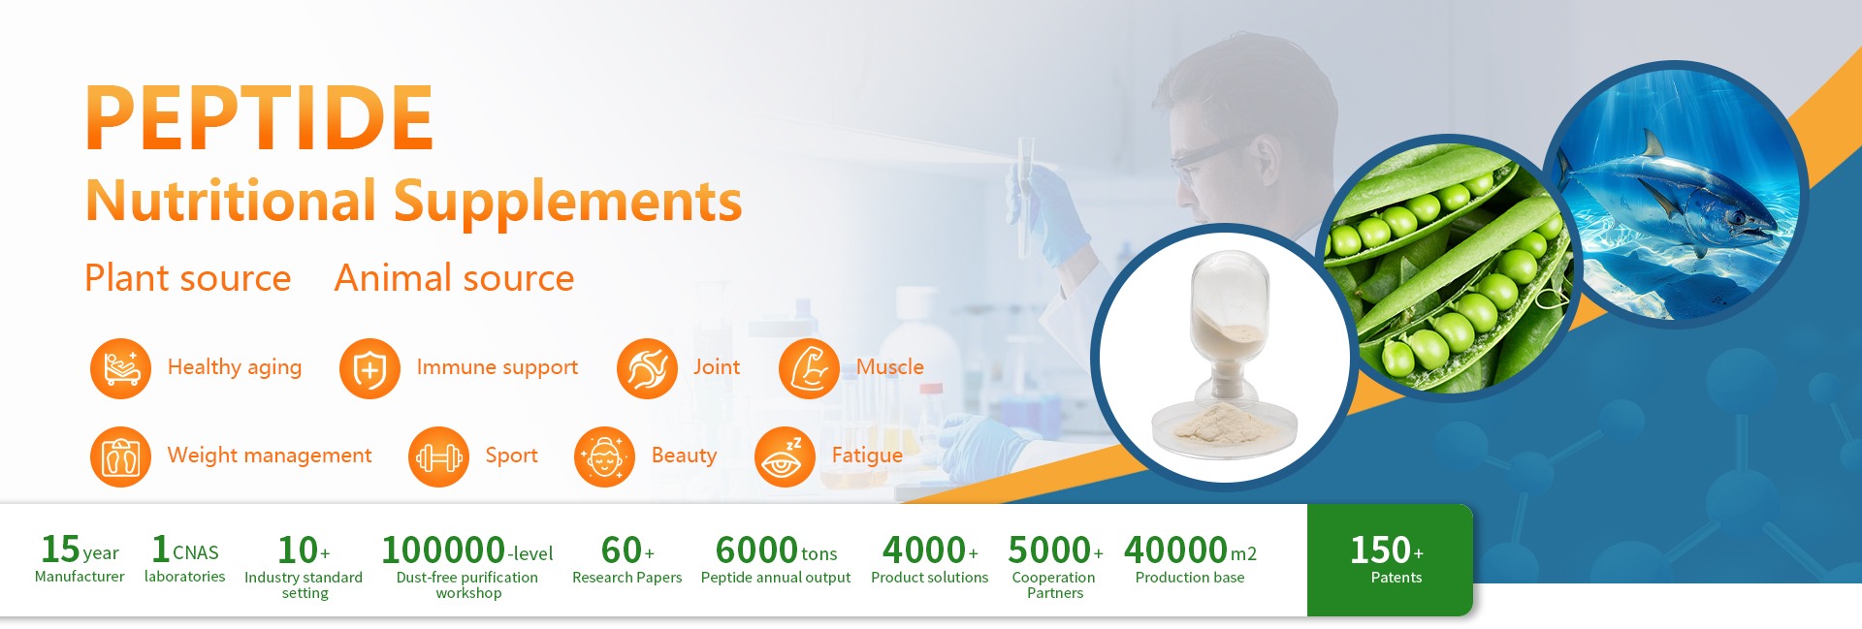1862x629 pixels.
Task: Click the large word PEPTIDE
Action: pos(259,117)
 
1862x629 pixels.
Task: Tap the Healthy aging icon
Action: pos(120,368)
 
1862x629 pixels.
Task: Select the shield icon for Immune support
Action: pos(369,368)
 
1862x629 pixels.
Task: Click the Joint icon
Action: pos(647,368)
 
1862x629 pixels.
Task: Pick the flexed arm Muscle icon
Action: pos(809,368)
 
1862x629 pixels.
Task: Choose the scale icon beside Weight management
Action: pos(120,456)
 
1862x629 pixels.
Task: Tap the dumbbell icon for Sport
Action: pos(438,456)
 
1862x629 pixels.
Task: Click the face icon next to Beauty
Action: pos(604,456)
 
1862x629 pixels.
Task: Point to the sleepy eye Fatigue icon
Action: pos(785,456)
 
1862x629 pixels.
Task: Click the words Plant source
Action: pos(187,278)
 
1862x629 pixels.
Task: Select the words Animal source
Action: pos(454,278)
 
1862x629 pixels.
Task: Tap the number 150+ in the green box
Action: pos(1387,550)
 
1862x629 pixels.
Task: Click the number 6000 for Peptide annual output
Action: pos(756,550)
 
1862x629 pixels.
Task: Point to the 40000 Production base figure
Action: pos(1175,550)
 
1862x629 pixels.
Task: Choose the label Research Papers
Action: pos(626,578)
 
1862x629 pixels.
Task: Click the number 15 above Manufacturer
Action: pos(60,550)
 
